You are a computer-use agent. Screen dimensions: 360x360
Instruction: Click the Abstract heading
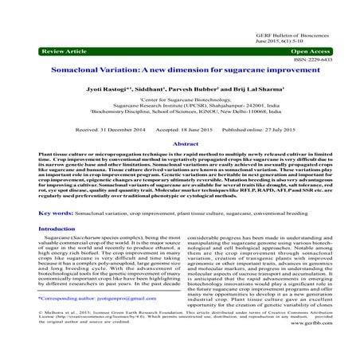(179, 143)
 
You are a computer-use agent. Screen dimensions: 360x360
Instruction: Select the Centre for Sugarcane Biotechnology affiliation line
(179, 101)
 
